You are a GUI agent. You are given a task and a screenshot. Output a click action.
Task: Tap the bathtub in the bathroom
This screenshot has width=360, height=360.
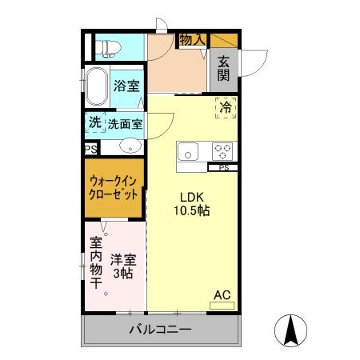pos(98,87)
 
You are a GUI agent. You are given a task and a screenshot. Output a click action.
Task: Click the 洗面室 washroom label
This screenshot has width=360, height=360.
pos(126,124)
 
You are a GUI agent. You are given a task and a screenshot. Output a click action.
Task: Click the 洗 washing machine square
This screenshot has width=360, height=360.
pos(95,123)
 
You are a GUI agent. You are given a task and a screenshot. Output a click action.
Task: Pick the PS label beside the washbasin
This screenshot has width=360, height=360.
pos(90,148)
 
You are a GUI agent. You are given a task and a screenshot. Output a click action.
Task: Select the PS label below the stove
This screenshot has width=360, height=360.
pos(223,167)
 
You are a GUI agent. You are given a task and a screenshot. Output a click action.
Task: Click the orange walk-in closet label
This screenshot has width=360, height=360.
pos(114,188)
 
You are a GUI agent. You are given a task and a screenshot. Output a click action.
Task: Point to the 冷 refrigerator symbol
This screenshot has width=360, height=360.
pos(226,106)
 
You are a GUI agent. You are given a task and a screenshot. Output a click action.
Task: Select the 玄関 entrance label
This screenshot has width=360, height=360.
pos(223,70)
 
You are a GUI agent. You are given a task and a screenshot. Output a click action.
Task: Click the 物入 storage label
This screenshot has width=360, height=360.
pos(192,39)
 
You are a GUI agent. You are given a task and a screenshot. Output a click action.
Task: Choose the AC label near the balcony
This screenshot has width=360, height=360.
pos(222,295)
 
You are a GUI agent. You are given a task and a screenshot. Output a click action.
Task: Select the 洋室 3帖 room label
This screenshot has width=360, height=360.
pos(122,266)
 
